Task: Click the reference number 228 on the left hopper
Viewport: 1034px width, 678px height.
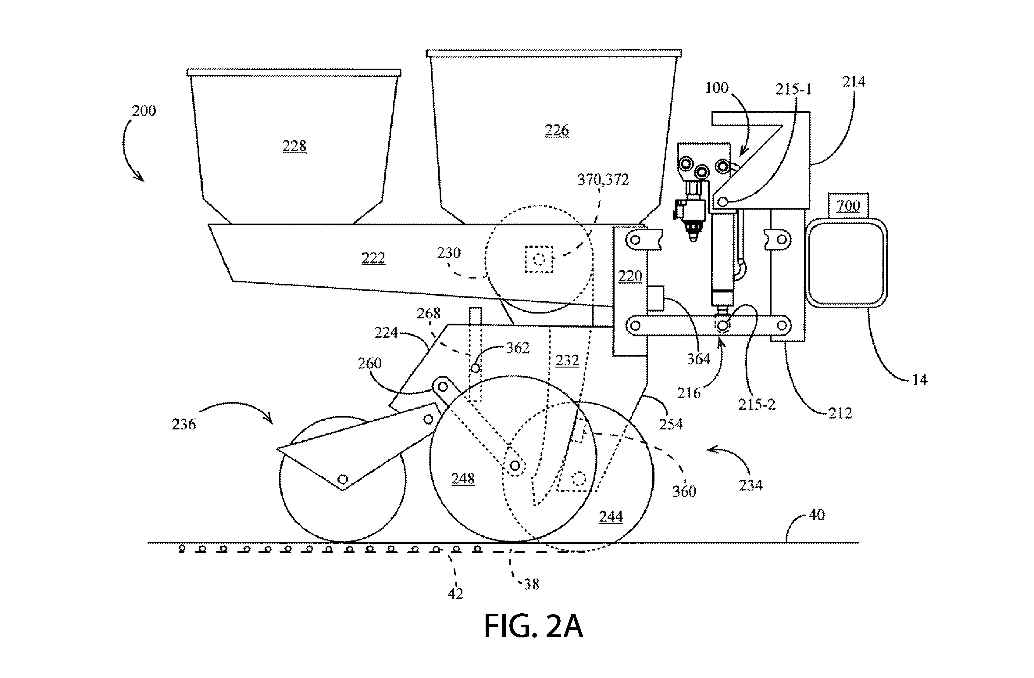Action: [294, 146]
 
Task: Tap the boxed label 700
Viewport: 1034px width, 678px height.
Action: [848, 205]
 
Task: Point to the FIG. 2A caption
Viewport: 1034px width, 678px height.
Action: [533, 626]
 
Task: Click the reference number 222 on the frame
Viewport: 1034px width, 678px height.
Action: [373, 258]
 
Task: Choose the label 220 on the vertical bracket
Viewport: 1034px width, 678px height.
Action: [630, 276]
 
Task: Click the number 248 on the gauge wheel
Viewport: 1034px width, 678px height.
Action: [463, 479]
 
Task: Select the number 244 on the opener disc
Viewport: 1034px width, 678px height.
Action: [611, 516]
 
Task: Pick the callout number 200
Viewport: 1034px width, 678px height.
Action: [144, 111]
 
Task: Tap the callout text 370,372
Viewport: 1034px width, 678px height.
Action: [603, 180]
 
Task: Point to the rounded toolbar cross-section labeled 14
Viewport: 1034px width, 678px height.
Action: [846, 263]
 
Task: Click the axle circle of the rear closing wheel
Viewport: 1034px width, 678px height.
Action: [343, 479]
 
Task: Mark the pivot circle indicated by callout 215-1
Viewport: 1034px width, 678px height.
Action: [722, 202]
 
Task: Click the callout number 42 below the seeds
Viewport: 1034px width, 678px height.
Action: [455, 593]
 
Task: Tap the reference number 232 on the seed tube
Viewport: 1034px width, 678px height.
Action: [567, 360]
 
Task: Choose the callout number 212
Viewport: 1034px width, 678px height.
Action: [840, 413]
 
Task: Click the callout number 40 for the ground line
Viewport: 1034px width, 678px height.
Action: [817, 515]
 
